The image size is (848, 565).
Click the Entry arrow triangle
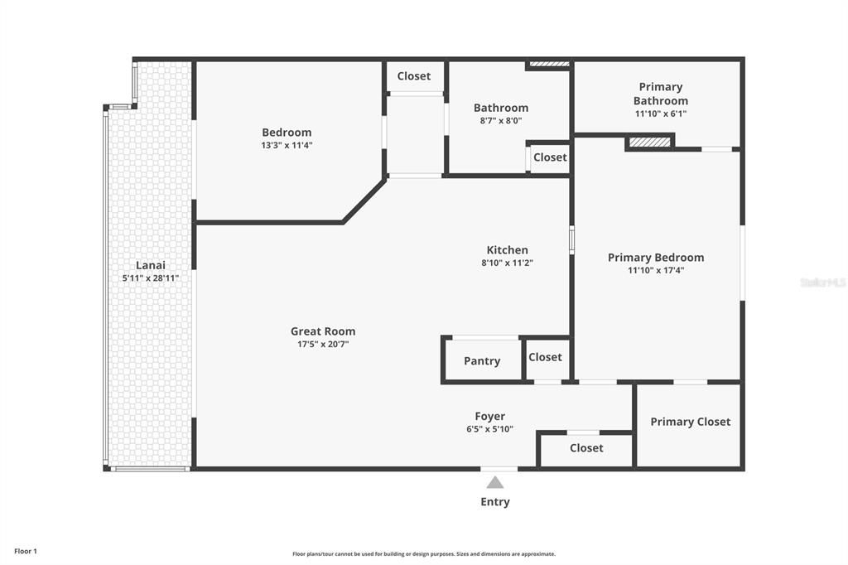[x=494, y=482]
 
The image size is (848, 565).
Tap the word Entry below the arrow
[x=495, y=502]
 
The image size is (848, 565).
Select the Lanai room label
[x=151, y=265]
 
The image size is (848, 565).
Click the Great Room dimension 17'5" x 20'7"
[x=322, y=344]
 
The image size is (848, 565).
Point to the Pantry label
[x=482, y=361]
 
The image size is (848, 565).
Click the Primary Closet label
[x=690, y=422]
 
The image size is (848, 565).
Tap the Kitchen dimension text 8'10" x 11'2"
[x=507, y=263]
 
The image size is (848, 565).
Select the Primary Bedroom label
[x=656, y=258]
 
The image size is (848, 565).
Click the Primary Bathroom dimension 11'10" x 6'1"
[x=660, y=113]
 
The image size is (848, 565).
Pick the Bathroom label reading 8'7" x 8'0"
[x=500, y=120]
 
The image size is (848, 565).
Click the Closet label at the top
[x=413, y=76]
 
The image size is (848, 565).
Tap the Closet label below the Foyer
[x=586, y=448]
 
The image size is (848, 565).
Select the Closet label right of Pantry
[x=545, y=357]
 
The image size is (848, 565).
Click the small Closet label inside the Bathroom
[x=550, y=157]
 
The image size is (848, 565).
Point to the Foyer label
[x=489, y=417]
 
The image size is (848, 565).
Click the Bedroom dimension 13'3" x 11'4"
[x=287, y=145]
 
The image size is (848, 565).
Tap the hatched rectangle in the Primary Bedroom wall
[x=648, y=142]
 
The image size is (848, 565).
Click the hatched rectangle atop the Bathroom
[x=549, y=64]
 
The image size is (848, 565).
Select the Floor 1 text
[x=26, y=551]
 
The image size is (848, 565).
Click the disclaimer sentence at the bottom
[x=423, y=554]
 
